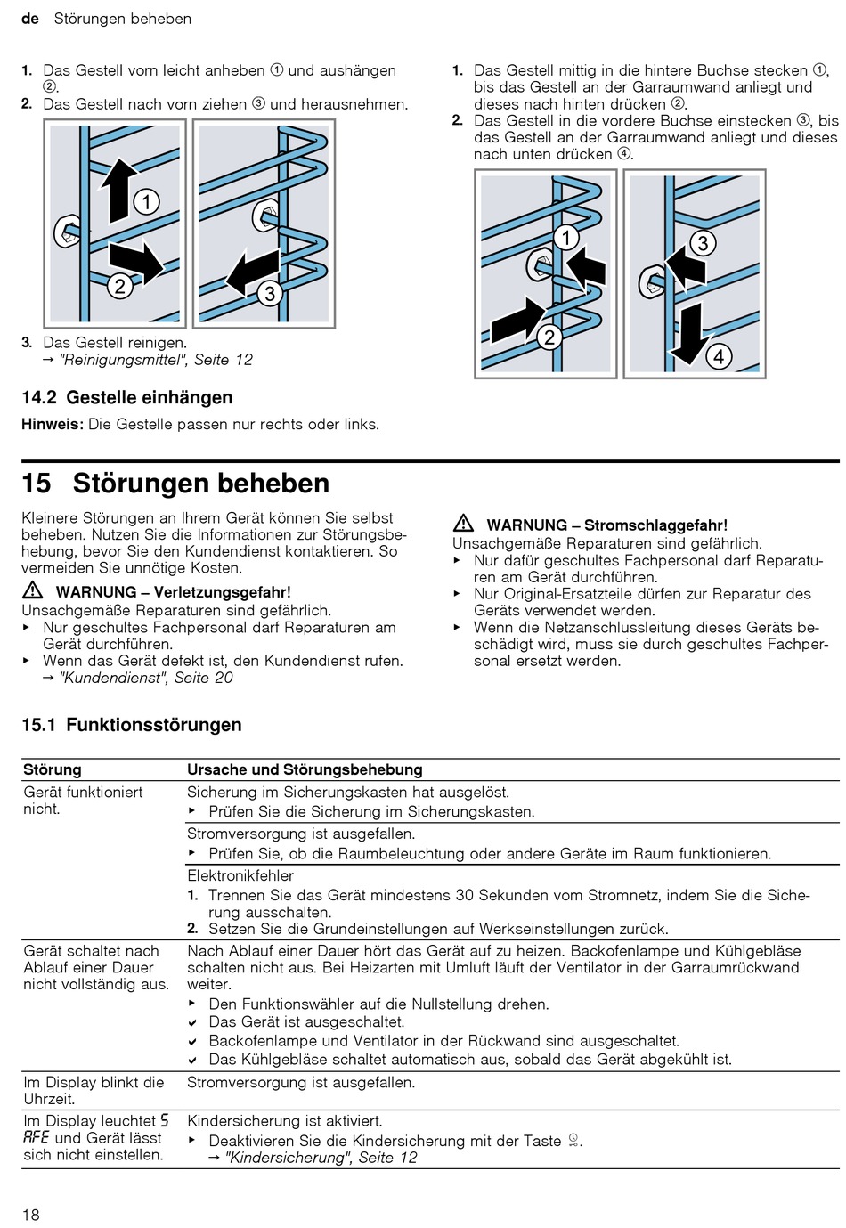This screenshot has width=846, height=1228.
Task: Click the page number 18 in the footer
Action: point(31,1215)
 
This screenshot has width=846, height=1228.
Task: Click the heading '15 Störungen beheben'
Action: point(175,484)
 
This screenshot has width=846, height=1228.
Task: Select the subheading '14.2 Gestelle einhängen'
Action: point(127,398)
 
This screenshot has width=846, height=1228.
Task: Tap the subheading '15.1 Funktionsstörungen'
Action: point(132,725)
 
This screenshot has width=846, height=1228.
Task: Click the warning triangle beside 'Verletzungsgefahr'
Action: point(33,590)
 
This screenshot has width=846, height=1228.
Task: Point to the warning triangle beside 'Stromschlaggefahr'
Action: point(463,525)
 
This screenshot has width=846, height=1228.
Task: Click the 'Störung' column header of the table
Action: point(53,769)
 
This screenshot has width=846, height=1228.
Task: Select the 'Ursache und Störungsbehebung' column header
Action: point(305,769)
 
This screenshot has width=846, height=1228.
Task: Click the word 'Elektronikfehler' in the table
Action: point(240,875)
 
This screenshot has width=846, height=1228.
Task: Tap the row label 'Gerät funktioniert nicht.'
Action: point(83,800)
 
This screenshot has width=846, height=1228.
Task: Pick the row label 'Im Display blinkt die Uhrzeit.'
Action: point(94,1090)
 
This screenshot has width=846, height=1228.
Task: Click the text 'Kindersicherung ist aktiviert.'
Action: point(285,1121)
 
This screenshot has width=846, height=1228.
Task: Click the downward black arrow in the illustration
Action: point(693,336)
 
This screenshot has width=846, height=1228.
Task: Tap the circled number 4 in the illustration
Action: point(719,357)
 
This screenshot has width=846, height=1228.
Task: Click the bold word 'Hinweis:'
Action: point(53,424)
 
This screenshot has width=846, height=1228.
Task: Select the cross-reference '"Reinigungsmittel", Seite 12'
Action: point(155,360)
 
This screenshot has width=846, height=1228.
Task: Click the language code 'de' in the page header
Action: point(30,19)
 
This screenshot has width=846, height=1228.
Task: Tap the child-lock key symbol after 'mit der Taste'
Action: point(574,1141)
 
